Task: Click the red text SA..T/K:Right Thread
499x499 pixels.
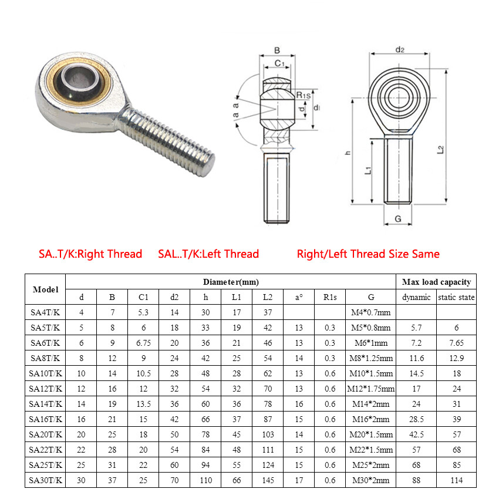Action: (90, 254)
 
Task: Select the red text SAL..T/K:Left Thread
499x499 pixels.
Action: (208, 254)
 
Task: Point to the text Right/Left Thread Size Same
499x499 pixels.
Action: (368, 254)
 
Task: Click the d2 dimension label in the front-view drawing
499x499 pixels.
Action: (400, 50)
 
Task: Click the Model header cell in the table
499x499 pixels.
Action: (45, 289)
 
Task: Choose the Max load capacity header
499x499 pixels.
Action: (436, 282)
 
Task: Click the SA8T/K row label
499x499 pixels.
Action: (45, 358)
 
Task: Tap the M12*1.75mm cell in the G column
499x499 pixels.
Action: (371, 389)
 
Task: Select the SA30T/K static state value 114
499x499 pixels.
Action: (456, 480)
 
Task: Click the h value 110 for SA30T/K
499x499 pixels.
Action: (206, 480)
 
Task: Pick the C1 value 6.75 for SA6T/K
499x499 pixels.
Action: (143, 343)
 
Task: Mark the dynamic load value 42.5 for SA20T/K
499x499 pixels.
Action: (417, 434)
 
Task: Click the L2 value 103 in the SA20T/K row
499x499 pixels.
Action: (268, 434)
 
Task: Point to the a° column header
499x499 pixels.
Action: (299, 298)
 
